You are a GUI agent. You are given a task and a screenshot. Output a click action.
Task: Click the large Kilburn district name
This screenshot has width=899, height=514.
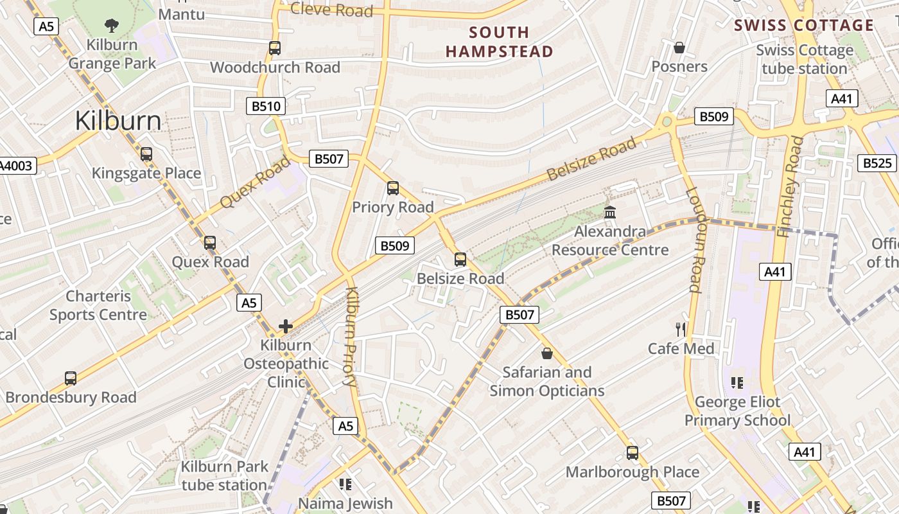pyautogui.click(x=118, y=121)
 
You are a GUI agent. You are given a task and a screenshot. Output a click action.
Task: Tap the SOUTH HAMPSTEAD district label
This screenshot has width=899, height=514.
pyautogui.click(x=499, y=42)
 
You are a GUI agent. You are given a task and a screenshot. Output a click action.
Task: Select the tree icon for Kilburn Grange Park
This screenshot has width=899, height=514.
pyautogui.click(x=112, y=26)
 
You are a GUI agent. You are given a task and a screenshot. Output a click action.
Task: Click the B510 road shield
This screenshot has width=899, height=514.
pyautogui.click(x=266, y=106)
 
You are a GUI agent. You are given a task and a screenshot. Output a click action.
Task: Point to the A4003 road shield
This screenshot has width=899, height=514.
pyautogui.click(x=16, y=166)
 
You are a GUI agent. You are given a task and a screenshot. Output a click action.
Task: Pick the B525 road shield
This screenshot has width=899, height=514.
pyautogui.click(x=877, y=163)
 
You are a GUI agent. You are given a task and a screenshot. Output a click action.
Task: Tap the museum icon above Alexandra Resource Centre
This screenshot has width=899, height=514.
pyautogui.click(x=610, y=212)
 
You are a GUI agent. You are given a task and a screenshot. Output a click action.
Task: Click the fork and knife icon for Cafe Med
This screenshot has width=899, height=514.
pyautogui.click(x=681, y=330)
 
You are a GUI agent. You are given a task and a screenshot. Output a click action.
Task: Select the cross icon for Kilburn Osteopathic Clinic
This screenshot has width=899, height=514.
pyautogui.click(x=286, y=326)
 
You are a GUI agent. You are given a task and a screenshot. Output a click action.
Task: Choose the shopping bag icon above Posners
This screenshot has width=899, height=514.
pyautogui.click(x=679, y=48)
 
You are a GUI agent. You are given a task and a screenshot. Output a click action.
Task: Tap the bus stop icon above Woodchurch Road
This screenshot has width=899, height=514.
pyautogui.click(x=275, y=48)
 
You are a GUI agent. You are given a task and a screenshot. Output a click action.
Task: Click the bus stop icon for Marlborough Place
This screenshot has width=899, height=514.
pyautogui.click(x=633, y=453)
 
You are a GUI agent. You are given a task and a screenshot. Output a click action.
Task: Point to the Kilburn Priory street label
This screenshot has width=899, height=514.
pyautogui.click(x=351, y=337)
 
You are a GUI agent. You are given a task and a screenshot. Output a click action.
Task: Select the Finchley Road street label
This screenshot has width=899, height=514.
pyautogui.click(x=790, y=186)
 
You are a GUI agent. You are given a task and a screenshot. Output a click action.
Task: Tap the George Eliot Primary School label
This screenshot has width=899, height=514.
pyautogui.click(x=737, y=411)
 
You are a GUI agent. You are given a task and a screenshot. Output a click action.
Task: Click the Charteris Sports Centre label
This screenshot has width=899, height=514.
pyautogui.click(x=98, y=305)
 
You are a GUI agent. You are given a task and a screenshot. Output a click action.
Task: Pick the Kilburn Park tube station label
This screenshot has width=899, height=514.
pyautogui.click(x=223, y=475)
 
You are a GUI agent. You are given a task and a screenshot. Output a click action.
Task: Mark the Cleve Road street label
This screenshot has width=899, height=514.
pyautogui.click(x=331, y=10)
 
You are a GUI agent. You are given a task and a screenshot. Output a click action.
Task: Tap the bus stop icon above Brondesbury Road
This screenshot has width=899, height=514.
pyautogui.click(x=71, y=378)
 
